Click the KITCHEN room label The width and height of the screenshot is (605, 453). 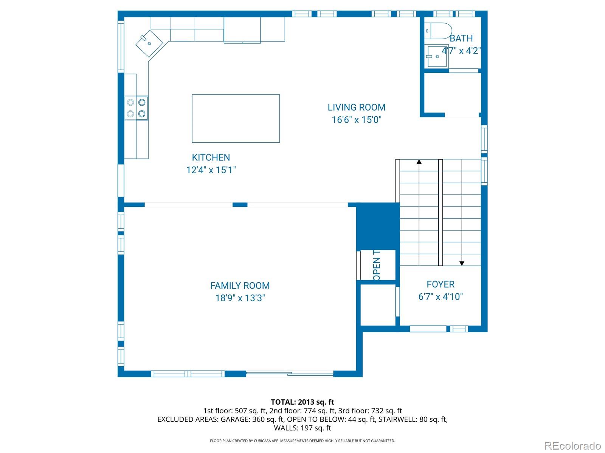211,157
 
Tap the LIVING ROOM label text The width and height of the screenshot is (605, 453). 356,107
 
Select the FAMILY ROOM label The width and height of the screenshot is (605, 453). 240,286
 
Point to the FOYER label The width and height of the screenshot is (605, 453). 440,284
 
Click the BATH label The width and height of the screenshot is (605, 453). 461,39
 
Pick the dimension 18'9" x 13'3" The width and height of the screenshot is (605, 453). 240,298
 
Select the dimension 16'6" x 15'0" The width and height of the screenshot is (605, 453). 356,120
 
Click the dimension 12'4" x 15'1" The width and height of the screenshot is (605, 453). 211,170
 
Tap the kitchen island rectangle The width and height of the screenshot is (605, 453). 236,119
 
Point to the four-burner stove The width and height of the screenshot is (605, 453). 137,108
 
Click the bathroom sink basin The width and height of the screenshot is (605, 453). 436,56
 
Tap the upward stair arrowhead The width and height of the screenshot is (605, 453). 419,162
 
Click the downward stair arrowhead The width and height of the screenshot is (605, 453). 462,263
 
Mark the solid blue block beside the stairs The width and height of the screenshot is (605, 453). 378,226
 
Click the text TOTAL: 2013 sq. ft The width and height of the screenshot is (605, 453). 302,402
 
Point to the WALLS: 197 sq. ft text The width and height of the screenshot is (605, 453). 302,428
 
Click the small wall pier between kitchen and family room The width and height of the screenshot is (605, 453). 240,205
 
